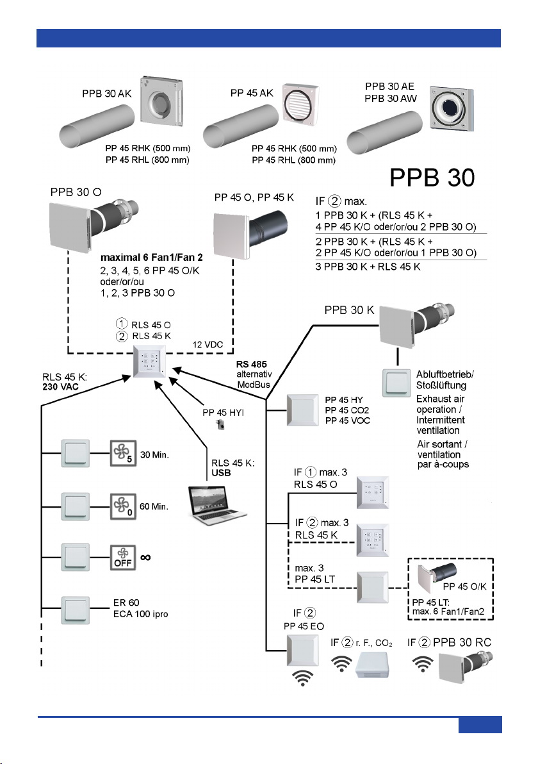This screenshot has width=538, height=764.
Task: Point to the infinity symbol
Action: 145,558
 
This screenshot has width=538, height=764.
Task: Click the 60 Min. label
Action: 154,507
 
